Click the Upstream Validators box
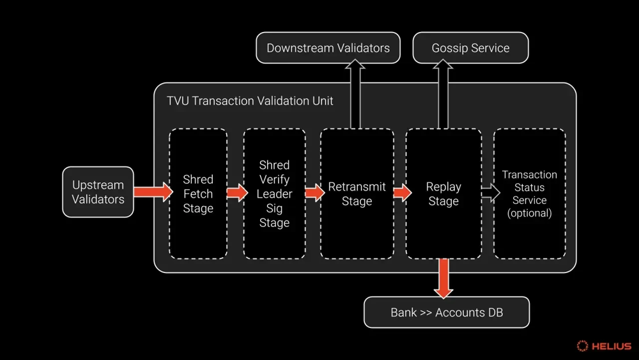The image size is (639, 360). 98,192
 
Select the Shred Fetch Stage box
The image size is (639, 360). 198,194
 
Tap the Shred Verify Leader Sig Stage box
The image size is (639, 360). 274,194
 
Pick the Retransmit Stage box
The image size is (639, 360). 357,194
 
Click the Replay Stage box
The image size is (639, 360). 443,194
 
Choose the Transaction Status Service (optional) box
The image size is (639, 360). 529,194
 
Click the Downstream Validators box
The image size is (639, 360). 328,48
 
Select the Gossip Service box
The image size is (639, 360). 470,48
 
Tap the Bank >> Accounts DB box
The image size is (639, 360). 447,313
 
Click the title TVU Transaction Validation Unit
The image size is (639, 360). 250,100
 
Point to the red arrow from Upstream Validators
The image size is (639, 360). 153,191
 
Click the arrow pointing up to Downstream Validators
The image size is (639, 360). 355,93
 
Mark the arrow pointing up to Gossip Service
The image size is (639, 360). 443,93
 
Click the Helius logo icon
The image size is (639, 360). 582,346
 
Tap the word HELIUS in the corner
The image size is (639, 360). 611,346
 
